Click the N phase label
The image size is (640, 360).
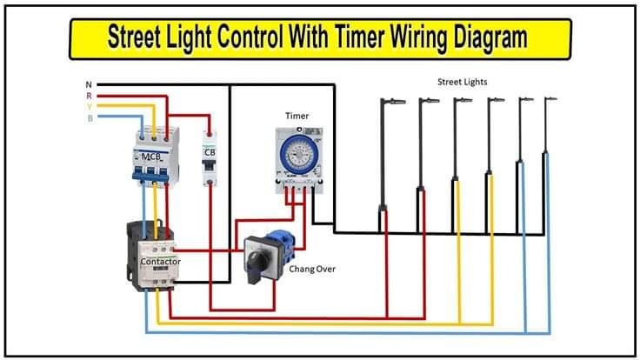[88, 84]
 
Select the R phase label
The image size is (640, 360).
[88, 96]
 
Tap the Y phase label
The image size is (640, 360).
[88, 107]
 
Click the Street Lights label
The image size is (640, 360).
[462, 82]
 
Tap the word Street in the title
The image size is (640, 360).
[138, 38]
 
